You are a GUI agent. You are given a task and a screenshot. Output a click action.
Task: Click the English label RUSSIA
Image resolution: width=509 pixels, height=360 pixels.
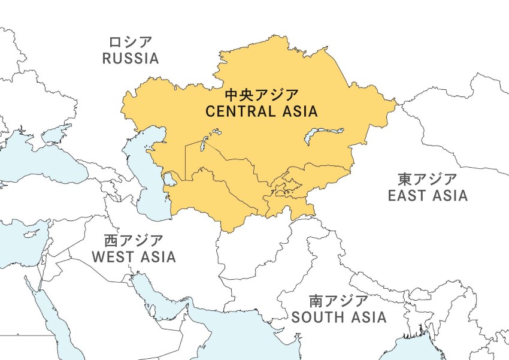point(130,59)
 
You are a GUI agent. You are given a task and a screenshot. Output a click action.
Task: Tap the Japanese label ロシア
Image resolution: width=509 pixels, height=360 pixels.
point(130,43)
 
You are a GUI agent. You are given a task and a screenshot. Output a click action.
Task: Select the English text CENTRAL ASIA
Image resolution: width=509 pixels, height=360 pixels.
point(261,111)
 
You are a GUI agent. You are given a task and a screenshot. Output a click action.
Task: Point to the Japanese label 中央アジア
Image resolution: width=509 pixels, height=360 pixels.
point(261,95)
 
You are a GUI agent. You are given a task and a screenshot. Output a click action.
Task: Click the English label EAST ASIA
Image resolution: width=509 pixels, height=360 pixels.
point(428,196)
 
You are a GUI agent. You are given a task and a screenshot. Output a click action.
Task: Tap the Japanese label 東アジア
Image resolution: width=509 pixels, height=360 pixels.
point(428,179)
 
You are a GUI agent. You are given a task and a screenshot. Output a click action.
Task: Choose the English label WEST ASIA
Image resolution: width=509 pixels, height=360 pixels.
point(134,257)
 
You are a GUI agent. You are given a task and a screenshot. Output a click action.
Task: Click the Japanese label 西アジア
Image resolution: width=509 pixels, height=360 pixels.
point(134,241)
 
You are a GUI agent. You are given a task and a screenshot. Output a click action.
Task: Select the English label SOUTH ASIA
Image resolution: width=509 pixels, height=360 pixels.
point(339,317)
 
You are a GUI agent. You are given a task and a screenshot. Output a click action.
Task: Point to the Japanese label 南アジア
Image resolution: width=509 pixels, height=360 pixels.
point(339,301)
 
